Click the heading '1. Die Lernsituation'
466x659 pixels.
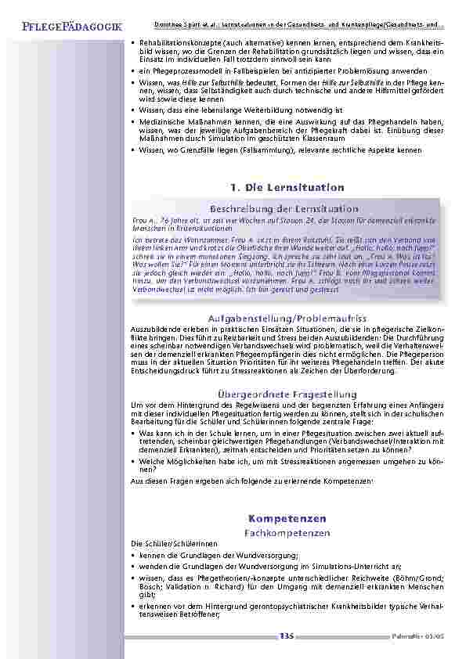coord(287,188)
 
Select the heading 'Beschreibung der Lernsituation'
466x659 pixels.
coord(284,209)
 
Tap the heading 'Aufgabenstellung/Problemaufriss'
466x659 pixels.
coord(287,319)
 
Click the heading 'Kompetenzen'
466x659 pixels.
coord(287,518)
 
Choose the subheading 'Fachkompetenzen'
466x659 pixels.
coord(287,532)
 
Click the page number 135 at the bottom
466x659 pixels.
coord(286,636)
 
